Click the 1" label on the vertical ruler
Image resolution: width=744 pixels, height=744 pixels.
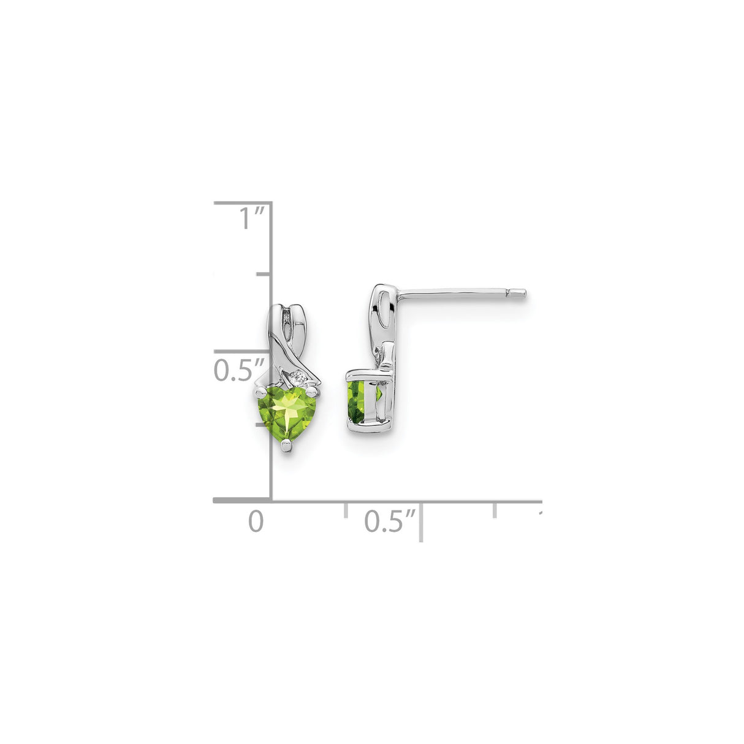coord(251,219)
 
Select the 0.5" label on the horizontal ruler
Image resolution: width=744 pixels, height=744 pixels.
coord(390,522)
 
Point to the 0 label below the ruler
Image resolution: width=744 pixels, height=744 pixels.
coord(256,522)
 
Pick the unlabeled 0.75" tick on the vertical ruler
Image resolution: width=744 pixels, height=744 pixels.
coord(264,275)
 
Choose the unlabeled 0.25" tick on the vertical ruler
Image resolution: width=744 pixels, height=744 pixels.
coord(264,425)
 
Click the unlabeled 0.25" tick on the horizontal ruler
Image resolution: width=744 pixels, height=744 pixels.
coord(346,509)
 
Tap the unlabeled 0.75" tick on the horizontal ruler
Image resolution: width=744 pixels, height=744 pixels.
coord(496,509)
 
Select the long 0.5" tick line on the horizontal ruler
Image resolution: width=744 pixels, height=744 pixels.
coord(421,521)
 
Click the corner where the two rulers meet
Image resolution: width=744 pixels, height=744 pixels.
coord(271,501)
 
